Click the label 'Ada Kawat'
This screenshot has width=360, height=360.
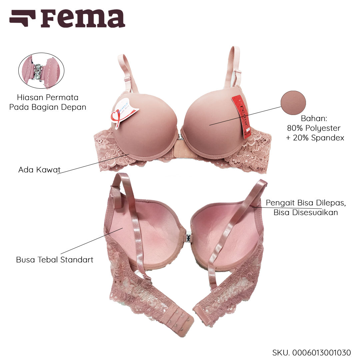click(39, 170)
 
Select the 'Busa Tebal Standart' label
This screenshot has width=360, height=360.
click(55, 259)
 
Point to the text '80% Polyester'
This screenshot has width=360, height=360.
click(314, 128)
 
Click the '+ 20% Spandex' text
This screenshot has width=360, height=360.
click(315, 137)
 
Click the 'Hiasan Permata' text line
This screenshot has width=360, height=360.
click(48, 98)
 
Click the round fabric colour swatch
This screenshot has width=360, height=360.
click(293, 102)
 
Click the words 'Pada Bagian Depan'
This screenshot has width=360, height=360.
click(48, 107)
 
